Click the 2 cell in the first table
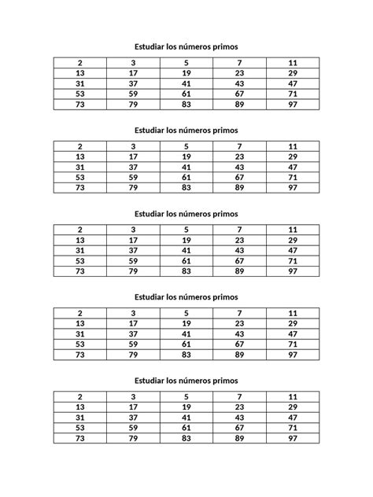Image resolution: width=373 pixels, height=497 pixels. click(79, 62)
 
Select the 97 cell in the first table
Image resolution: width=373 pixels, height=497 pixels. click(292, 105)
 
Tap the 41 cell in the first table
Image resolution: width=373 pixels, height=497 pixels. click(186, 83)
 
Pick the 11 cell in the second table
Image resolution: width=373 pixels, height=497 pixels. click(292, 146)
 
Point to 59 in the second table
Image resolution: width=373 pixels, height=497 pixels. click(133, 178)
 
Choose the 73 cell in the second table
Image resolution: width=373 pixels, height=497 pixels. click(79, 188)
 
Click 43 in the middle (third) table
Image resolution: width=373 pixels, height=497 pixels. click(239, 250)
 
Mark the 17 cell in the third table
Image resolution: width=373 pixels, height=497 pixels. click(133, 240)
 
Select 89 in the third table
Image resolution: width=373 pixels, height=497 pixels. click(239, 271)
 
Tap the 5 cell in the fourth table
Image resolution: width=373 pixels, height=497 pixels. click(186, 313)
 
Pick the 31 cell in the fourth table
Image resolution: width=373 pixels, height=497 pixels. click(79, 333)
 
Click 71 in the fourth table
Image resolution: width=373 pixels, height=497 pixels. click(292, 344)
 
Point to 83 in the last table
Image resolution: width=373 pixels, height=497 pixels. click(186, 437)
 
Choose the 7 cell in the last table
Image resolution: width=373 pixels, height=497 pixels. click(239, 396)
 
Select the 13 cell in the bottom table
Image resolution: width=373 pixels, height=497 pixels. click(79, 407)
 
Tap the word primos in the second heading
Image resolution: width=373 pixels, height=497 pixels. click(223, 130)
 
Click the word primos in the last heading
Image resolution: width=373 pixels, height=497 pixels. click(223, 380)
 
